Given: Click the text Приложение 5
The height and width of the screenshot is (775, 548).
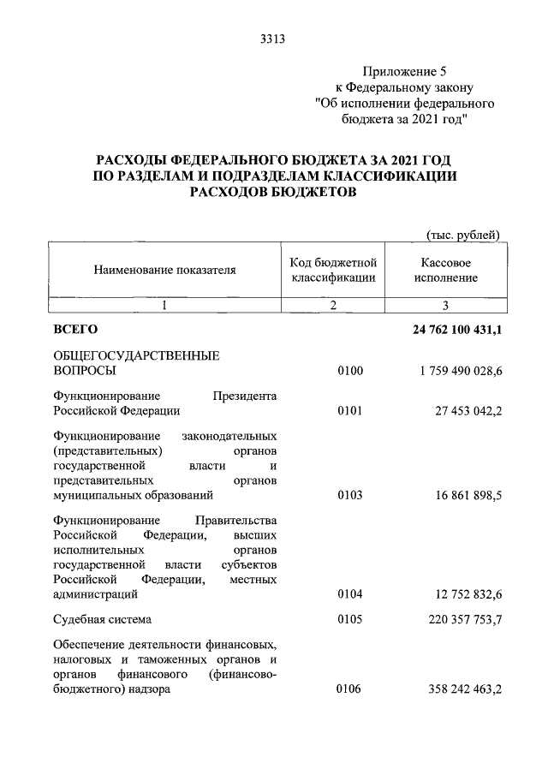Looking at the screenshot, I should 405,72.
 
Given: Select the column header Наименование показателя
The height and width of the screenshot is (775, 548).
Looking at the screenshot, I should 164,270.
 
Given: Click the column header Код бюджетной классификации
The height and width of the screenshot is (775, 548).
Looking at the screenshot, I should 333,270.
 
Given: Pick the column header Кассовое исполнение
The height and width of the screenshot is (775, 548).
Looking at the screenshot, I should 446,270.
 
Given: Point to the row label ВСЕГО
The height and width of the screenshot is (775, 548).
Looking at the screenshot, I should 75,329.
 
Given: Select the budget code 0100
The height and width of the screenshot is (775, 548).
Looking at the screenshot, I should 350,370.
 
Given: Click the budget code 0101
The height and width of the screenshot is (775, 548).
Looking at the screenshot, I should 350,411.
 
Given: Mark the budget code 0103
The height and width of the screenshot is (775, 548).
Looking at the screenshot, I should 350,494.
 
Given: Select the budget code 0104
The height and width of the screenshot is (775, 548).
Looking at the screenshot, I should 350,593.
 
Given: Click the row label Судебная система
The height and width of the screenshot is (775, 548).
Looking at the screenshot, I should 104,618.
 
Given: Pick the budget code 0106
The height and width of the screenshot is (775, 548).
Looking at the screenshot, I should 350,693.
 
